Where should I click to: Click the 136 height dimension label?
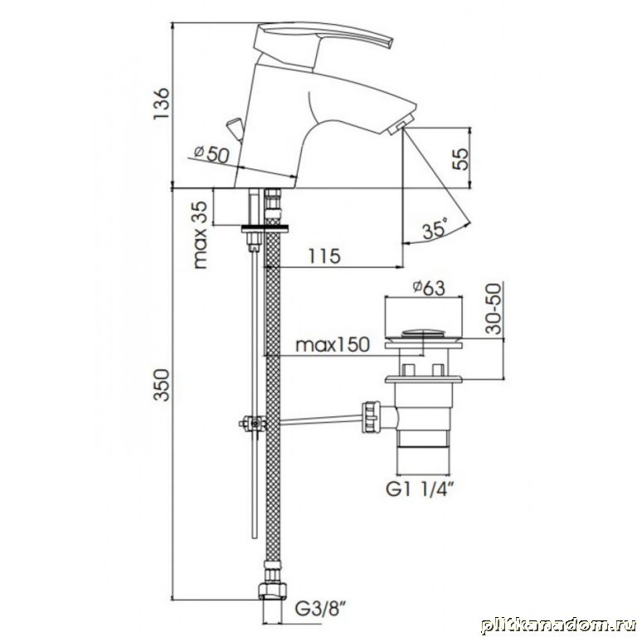pyautogui.click(x=161, y=103)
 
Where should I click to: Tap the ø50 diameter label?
pyautogui.click(x=212, y=153)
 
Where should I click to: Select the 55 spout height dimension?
pyautogui.click(x=460, y=159)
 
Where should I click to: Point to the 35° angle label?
pyautogui.click(x=435, y=229)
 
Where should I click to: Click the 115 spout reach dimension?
pyautogui.click(x=323, y=256)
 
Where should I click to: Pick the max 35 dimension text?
pyautogui.click(x=200, y=235)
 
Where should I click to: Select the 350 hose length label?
pyautogui.click(x=161, y=385)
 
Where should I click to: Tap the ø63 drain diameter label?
pyautogui.click(x=429, y=288)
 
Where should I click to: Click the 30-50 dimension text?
pyautogui.click(x=494, y=309)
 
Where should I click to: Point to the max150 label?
pyautogui.click(x=333, y=345)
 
